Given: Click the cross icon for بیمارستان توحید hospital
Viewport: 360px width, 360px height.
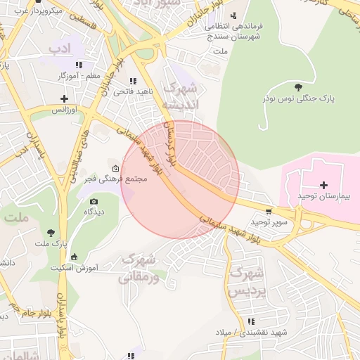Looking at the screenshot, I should click(x=323, y=185).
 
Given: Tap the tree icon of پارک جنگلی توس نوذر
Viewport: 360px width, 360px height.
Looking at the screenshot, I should click(x=299, y=87).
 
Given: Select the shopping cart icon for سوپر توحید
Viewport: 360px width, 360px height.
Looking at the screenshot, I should click(x=268, y=211).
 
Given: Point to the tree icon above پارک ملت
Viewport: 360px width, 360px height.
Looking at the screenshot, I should click(x=51, y=232).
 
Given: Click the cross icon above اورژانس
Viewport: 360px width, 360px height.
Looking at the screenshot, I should click(x=65, y=98).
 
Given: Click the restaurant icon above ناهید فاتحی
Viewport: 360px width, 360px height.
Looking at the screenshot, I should click(x=133, y=81).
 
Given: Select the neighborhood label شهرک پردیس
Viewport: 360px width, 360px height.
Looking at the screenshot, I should click(x=247, y=281).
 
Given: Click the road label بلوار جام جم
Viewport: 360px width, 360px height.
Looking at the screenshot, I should click(x=14, y=310).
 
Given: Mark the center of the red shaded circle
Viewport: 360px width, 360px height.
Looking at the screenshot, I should click(x=180, y=180).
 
